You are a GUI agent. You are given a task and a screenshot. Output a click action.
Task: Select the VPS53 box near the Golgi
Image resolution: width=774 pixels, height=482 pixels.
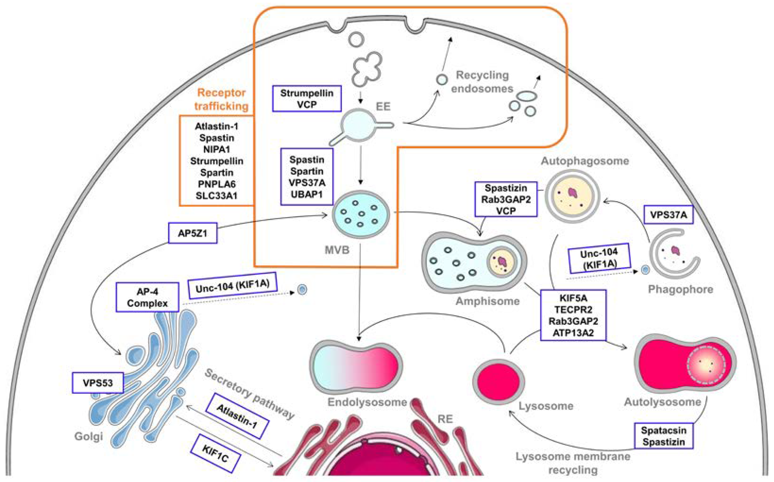click(98, 382)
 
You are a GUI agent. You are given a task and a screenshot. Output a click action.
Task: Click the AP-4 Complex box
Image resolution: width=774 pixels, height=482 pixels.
click(147, 297)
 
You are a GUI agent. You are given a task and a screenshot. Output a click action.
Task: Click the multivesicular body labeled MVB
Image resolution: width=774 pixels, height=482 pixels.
click(361, 214)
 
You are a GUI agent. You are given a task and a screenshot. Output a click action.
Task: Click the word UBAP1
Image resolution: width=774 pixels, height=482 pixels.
click(307, 194)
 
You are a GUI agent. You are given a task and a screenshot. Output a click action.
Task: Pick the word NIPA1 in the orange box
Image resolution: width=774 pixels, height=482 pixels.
click(217, 149)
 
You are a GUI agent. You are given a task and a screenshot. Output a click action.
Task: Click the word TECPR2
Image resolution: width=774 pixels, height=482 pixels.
click(573, 309)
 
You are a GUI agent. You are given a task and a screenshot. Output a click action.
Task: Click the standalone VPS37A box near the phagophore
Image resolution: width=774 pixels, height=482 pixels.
click(668, 215)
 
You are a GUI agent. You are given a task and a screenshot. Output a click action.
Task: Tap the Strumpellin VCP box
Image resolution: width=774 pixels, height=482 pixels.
click(307, 99)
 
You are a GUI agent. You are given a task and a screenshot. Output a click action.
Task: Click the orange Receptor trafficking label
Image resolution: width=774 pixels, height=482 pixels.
click(221, 99)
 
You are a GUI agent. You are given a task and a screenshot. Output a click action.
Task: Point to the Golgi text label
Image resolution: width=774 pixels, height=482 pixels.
click(89, 436)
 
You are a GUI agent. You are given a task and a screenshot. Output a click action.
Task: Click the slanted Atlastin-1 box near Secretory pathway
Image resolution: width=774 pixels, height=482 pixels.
click(237, 416)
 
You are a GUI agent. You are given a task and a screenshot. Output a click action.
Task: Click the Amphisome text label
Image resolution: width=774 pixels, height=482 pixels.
click(487, 301)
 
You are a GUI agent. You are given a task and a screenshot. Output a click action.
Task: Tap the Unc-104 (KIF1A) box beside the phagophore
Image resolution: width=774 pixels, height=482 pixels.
click(599, 258)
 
